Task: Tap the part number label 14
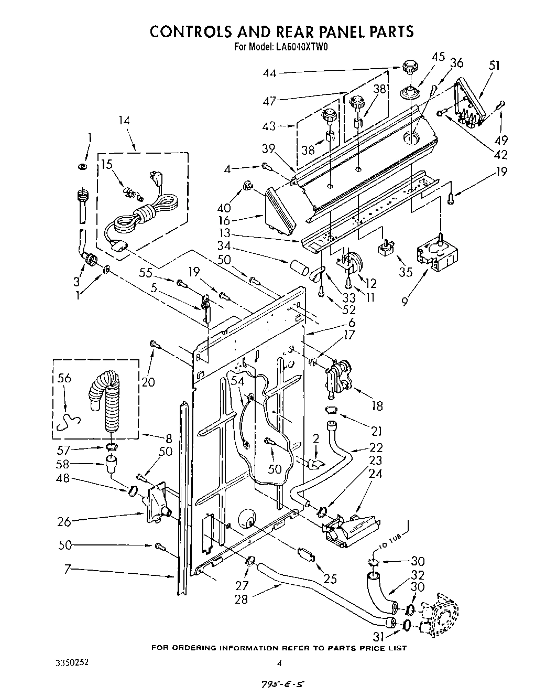[x=124, y=121]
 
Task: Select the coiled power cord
[x=141, y=215]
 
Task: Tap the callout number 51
[x=494, y=66]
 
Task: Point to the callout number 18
[x=376, y=405]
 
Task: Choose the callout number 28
[x=242, y=598]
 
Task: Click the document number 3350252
[x=72, y=662]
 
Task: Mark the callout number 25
[x=330, y=579]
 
